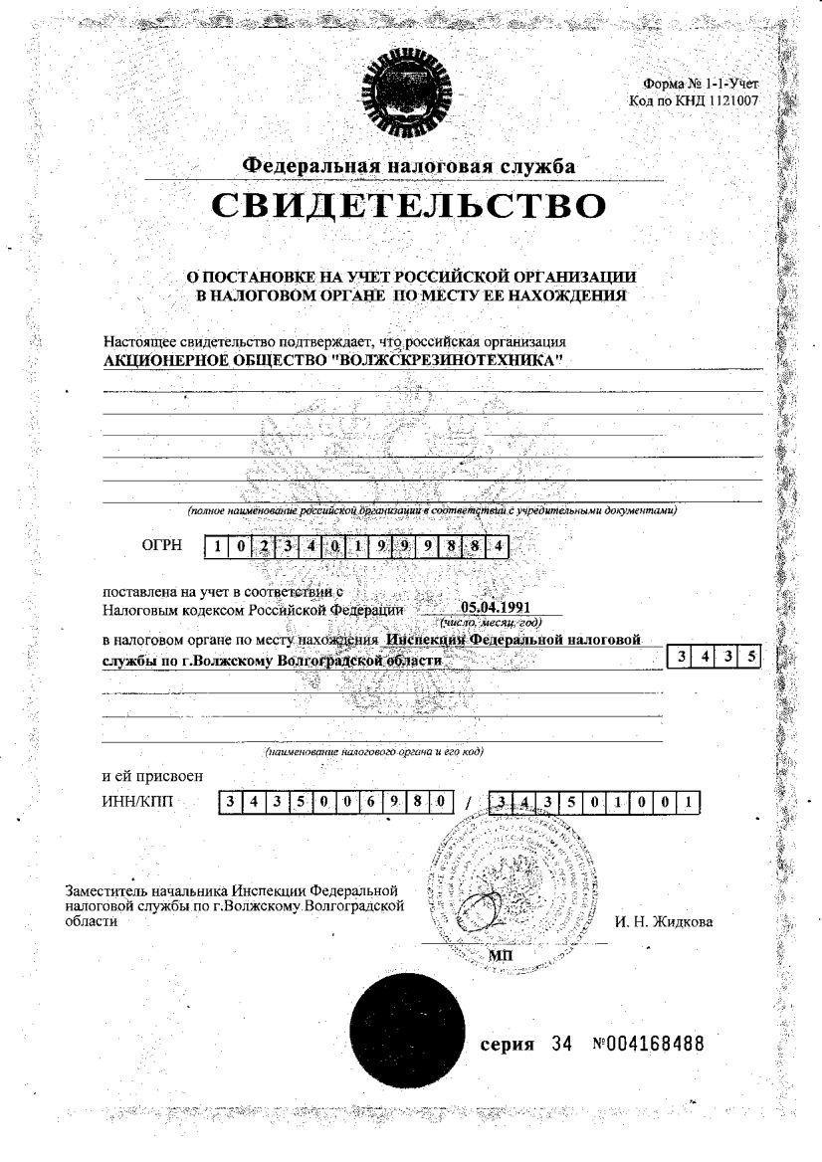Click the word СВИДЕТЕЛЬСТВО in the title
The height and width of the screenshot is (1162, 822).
tap(408, 206)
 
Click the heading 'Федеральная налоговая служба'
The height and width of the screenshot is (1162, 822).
tap(409, 165)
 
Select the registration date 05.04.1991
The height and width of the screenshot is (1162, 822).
tap(492, 607)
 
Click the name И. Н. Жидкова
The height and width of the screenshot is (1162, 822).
tap(663, 921)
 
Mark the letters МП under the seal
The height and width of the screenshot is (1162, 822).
tap(501, 955)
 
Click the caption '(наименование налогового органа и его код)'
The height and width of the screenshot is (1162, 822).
tap(374, 752)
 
